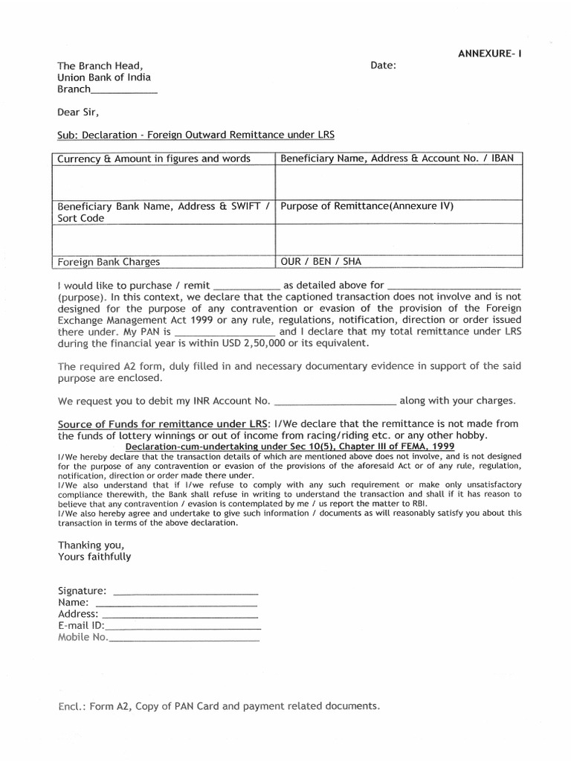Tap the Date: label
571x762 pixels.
383,65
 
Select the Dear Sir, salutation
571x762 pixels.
77,113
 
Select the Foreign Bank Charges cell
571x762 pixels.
109,261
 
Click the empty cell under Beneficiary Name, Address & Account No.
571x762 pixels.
399,182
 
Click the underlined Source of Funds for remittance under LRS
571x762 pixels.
164,423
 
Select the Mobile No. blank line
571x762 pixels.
184,638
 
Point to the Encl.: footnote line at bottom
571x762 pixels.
219,705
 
